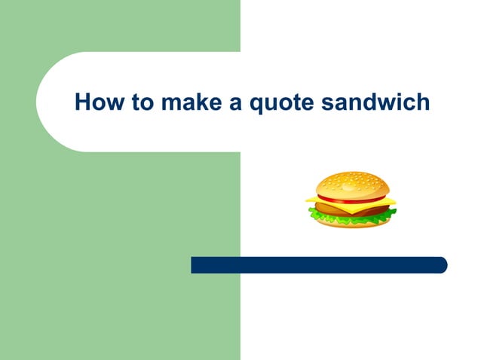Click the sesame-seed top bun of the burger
(x=351, y=184)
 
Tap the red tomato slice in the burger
(x=332, y=198)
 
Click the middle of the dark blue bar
(x=319, y=265)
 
